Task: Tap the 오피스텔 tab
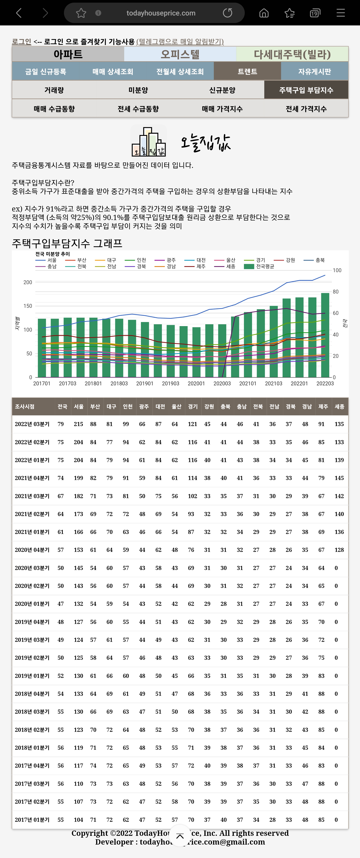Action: click(180, 54)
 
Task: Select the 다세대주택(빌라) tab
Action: click(292, 54)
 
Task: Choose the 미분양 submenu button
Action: click(138, 90)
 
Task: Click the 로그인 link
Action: click(21, 42)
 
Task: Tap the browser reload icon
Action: click(227, 13)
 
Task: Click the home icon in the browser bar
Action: click(264, 13)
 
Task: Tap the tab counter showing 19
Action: click(315, 13)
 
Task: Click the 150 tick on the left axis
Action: click(28, 306)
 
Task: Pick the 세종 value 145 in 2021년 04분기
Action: click(339, 478)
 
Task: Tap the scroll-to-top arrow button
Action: click(180, 836)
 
